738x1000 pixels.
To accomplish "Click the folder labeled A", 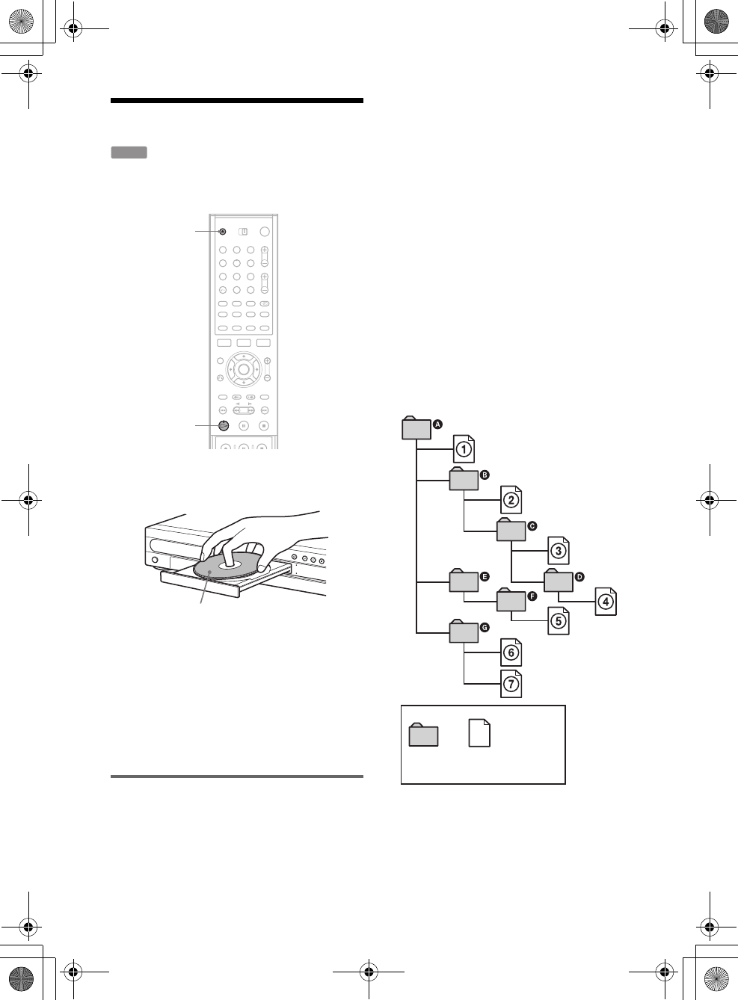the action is pos(416,428).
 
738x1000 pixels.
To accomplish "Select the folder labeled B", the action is pos(464,478).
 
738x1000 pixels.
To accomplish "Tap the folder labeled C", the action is pos(511,529).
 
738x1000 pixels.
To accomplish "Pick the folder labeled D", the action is pos(559,581).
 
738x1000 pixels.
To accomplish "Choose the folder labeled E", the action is pos(464,581).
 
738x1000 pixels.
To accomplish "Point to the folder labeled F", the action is pos(511,599).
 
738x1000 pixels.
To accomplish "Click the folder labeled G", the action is pos(464,631).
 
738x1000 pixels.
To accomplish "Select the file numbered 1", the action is pos(464,448).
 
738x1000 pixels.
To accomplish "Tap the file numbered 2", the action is pos(511,499).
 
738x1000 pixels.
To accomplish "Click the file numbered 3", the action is pos(559,550).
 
